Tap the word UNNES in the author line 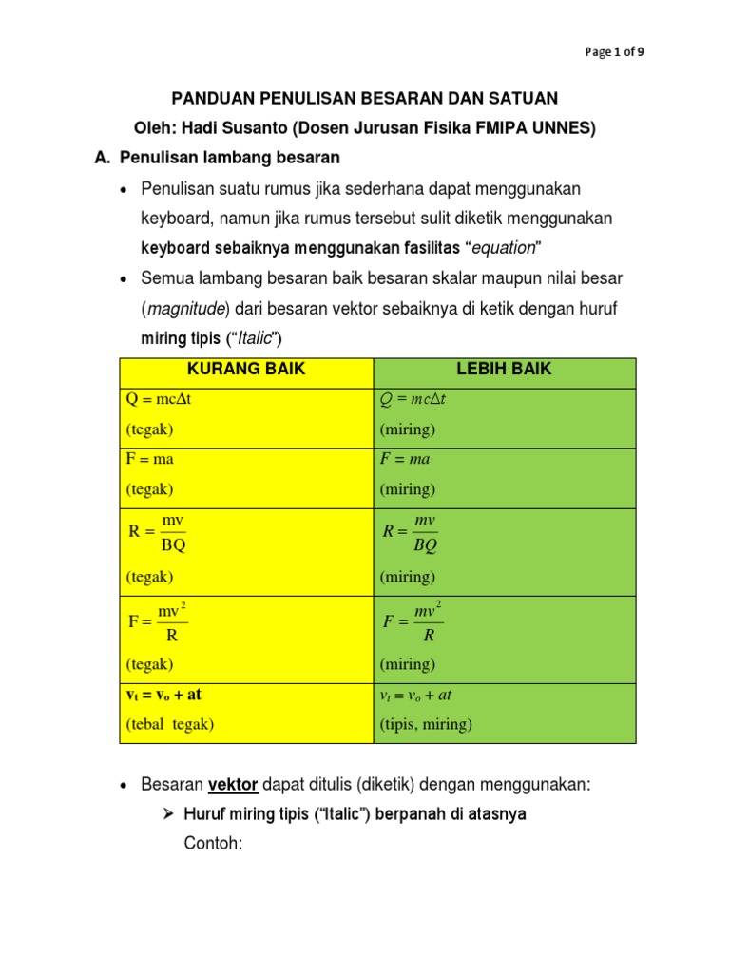tap(560, 128)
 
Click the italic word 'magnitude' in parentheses tap(184, 309)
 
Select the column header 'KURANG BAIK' tap(246, 370)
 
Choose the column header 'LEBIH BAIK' tap(504, 370)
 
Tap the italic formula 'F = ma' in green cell tap(406, 458)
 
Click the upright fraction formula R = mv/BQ tap(158, 532)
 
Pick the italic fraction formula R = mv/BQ tap(411, 532)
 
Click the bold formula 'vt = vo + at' tap(163, 695)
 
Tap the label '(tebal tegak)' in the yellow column tap(170, 724)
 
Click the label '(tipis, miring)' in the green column tap(426, 724)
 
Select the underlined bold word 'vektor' tap(234, 785)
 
